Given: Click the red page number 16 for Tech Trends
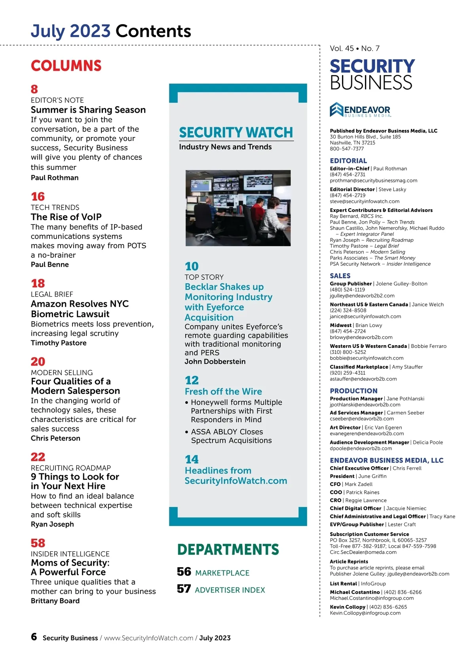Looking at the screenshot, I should pos(38,197).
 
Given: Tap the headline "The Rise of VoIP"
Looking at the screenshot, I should pos(66,217).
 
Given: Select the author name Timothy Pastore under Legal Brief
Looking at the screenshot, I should pos(59,343).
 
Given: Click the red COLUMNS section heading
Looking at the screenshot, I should pos(66,66).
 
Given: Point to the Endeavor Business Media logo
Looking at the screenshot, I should pos(360,110).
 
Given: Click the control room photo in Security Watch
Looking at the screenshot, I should pos(238,208).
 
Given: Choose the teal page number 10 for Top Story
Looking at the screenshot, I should pos(192,266).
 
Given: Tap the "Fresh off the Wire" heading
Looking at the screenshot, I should pos(223,391).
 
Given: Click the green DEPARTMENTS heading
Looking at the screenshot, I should pos(228,549).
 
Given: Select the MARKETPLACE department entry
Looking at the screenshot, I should pos(222,573).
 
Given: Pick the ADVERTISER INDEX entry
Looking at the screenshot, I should pos(230,590).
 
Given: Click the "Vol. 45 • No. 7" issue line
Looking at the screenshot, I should pos(355,48).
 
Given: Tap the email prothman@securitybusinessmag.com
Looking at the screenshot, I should pos(373,180).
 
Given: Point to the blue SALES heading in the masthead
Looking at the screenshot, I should pos(340,275).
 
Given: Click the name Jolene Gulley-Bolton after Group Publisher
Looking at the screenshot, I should pos(401,283).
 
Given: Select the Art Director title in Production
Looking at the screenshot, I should pos(345,427).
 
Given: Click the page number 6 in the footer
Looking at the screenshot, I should pos(34,637).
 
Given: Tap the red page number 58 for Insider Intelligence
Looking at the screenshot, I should pos(38,543).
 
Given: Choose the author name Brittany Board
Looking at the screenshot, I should pos(55,601).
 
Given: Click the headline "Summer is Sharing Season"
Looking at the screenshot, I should pos(88,110).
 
